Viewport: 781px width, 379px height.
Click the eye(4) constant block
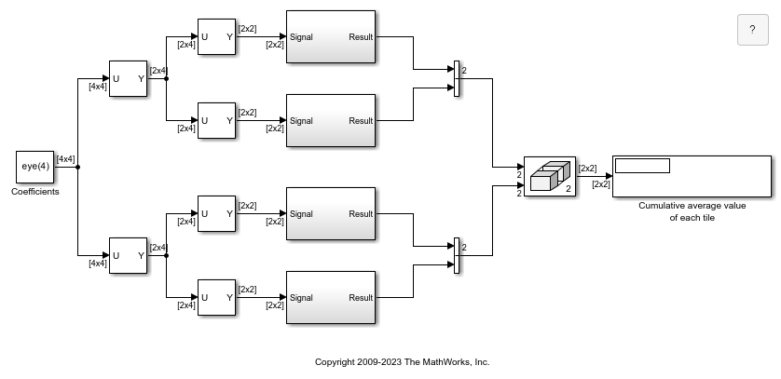[x=34, y=167]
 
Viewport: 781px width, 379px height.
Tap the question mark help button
[x=753, y=30]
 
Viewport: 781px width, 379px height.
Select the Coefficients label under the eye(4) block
[x=35, y=192]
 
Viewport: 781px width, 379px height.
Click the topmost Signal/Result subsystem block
[x=331, y=37]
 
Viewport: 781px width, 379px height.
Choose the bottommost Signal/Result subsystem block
[x=331, y=297]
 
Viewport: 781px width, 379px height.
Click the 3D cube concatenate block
[x=550, y=177]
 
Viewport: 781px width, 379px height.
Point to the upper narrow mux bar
[x=457, y=78]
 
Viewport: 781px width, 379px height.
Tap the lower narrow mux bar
[x=457, y=256]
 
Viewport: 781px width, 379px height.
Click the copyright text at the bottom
[x=403, y=362]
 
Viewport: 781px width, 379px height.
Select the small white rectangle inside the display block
[x=642, y=166]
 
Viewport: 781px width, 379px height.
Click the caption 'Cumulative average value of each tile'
[x=692, y=211]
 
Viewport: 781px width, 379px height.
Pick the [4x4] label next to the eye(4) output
[x=66, y=159]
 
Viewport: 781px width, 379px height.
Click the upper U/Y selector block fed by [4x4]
[x=128, y=78]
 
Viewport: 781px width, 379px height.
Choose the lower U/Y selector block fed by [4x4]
[x=128, y=256]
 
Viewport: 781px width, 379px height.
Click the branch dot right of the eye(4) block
[x=77, y=167]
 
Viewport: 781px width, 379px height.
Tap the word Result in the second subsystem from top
[x=361, y=121]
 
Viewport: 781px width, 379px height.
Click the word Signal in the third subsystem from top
[x=301, y=214]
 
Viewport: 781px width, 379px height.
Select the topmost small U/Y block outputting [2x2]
[x=216, y=37]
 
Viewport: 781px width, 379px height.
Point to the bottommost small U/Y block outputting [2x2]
[x=216, y=297]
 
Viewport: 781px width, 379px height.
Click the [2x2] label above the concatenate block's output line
[x=587, y=169]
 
